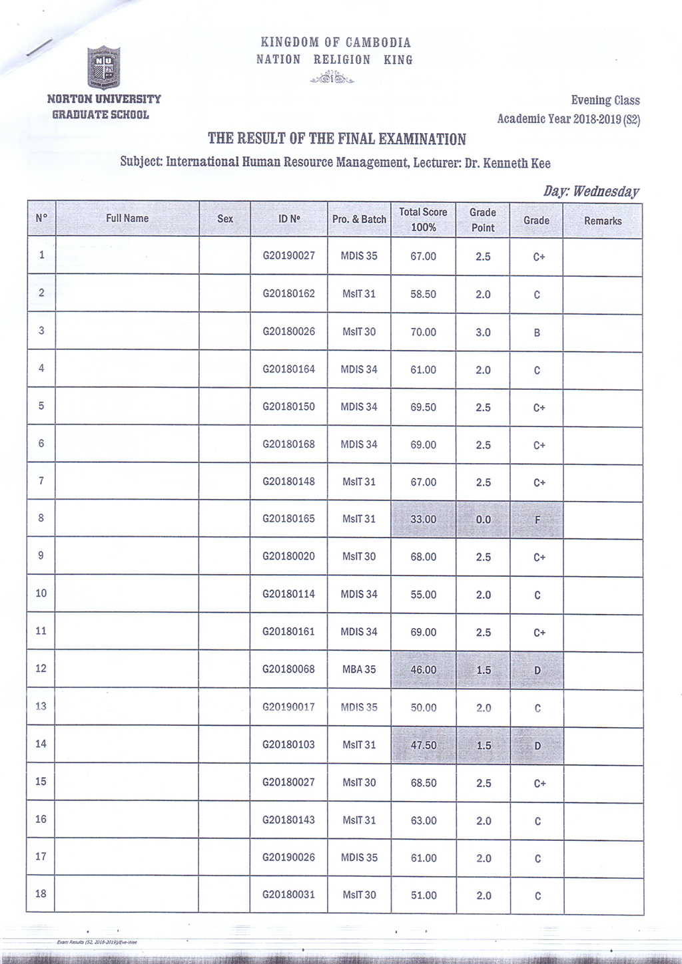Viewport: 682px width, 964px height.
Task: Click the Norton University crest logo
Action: pos(103,67)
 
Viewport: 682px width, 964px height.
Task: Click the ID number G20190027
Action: pos(288,255)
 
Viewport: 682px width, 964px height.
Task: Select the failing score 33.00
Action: pos(423,520)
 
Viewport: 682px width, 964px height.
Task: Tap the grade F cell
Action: pos(537,520)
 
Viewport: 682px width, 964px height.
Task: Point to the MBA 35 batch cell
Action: pos(359,669)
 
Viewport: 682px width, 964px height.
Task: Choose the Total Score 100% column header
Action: pos(423,220)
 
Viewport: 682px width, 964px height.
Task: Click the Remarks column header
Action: pos(602,221)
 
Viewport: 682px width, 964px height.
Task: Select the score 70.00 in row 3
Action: pos(423,332)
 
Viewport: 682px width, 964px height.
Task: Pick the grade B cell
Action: pos(537,333)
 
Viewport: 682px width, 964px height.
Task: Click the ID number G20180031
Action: pos(288,895)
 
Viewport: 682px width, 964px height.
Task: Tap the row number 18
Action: pos(41,893)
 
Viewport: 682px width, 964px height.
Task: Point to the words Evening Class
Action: pos(605,100)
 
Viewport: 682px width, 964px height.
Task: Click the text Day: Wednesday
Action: pos(591,192)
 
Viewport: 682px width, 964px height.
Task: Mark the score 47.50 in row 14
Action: pos(423,745)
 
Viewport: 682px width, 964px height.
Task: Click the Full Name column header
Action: pos(127,218)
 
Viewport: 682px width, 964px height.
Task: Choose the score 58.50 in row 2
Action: pos(423,294)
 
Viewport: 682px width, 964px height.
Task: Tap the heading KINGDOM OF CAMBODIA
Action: pos(336,43)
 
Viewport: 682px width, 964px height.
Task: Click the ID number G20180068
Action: pos(288,669)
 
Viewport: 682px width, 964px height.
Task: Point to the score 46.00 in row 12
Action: pos(423,670)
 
